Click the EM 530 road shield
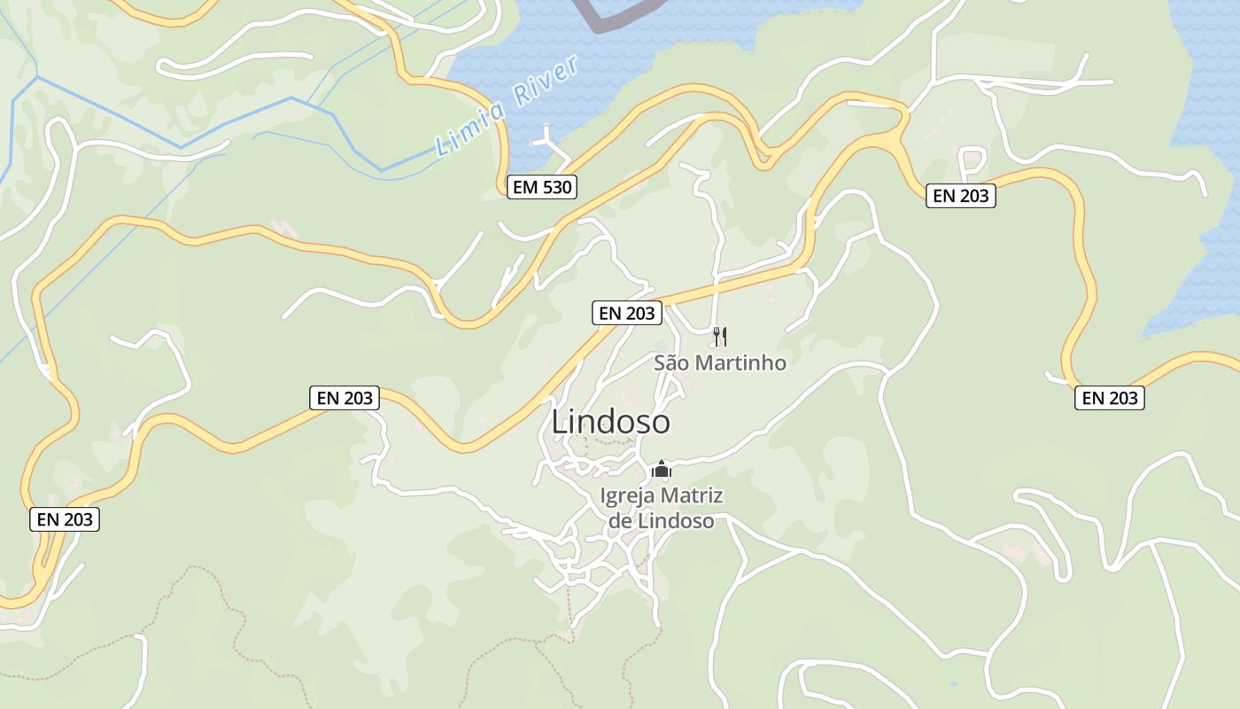tap(542, 187)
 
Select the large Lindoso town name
tap(610, 423)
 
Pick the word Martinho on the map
tap(740, 362)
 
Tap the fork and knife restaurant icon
tap(720, 337)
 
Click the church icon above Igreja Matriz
tap(662, 469)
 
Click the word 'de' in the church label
tap(620, 520)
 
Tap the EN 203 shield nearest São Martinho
tap(627, 313)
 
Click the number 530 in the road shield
tap(555, 187)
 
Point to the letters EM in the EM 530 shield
tap(524, 187)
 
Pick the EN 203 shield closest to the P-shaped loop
tap(961, 196)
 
